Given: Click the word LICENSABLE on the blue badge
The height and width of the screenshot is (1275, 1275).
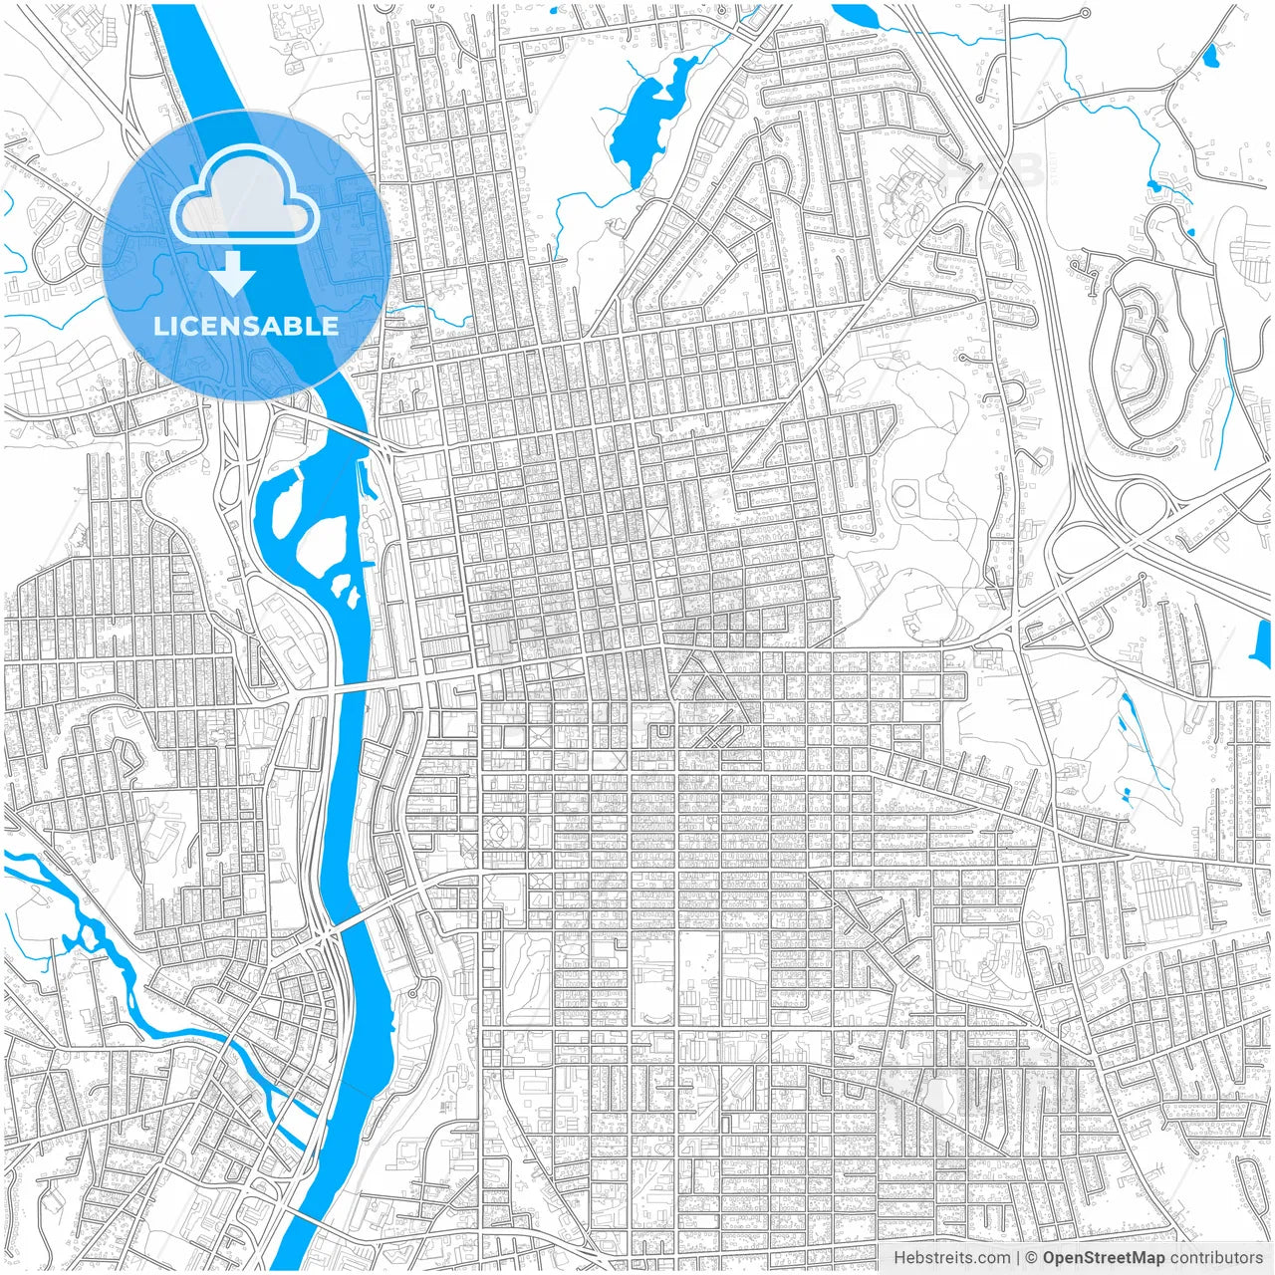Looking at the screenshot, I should pyautogui.click(x=246, y=326).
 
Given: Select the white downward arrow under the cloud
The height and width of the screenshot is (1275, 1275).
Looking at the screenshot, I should pyautogui.click(x=234, y=273).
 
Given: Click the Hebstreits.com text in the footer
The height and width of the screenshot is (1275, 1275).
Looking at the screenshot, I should pyautogui.click(x=950, y=1258).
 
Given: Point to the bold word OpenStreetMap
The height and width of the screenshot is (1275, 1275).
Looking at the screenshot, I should pyautogui.click(x=1104, y=1258).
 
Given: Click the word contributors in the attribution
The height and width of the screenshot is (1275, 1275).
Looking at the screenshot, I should pyautogui.click(x=1216, y=1258).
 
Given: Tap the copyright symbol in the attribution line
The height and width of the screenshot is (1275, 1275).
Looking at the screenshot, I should pyautogui.click(x=1032, y=1258).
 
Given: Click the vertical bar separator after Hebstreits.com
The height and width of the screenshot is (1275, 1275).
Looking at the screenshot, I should pyautogui.click(x=1017, y=1258).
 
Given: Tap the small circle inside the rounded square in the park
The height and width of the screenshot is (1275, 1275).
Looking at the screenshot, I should pyautogui.click(x=904, y=493).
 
